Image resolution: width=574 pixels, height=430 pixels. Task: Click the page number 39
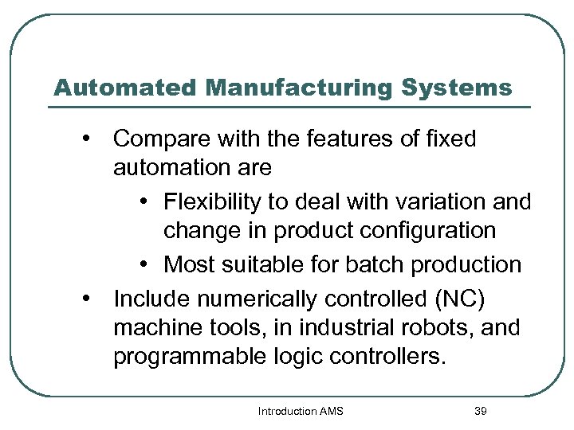point(480,411)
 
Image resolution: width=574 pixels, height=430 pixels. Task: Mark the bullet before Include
point(85,298)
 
